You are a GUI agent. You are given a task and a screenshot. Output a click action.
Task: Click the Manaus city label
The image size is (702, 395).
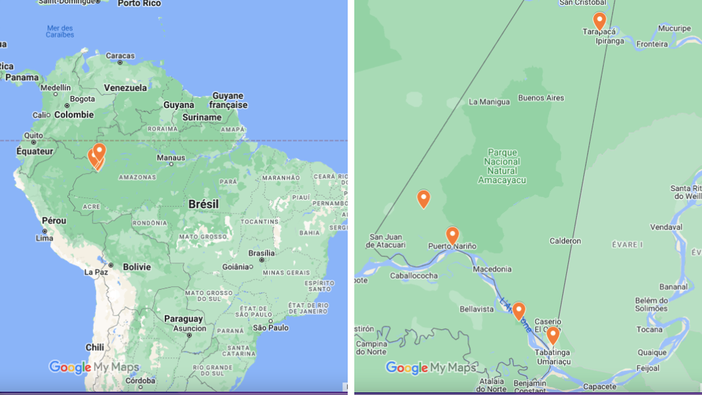pyautogui.click(x=171, y=158)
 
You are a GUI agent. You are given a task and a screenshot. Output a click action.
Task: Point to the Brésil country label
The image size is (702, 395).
pyautogui.click(x=203, y=204)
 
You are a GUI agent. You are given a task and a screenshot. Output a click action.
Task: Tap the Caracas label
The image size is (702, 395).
pyautogui.click(x=120, y=56)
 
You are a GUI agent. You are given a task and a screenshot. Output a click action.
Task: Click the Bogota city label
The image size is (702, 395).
pyautogui.click(x=82, y=99)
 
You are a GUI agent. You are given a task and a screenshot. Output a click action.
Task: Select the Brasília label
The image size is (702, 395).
pyautogui.click(x=261, y=253)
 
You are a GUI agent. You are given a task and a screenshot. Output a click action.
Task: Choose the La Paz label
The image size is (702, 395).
pyautogui.click(x=96, y=272)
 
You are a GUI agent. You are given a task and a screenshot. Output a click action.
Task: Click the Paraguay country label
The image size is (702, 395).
pyautogui.click(x=183, y=319)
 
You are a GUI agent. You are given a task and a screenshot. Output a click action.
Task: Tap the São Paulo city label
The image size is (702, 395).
pyautogui.click(x=271, y=328)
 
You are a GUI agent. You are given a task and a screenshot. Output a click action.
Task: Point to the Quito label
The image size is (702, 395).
pyautogui.click(x=33, y=136)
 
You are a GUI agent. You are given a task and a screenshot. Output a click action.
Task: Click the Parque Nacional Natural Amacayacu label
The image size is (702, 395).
pyautogui.click(x=502, y=166)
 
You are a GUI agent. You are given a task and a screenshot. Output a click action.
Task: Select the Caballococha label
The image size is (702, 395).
pyautogui.click(x=414, y=276)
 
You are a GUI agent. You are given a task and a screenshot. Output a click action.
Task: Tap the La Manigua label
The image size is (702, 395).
pyautogui.click(x=489, y=102)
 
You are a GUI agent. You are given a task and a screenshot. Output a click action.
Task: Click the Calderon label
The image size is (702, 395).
pyautogui.click(x=565, y=241)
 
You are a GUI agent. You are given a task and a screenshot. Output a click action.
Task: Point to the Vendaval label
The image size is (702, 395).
pyautogui.click(x=666, y=227)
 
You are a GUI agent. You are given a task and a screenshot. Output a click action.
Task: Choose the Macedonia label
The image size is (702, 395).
pyautogui.click(x=492, y=269)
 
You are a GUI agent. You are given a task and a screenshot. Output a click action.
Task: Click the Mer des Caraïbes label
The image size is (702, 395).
pyautogui.click(x=60, y=31)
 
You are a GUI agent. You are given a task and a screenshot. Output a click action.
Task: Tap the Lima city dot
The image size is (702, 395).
pyautogui.click(x=45, y=231)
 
